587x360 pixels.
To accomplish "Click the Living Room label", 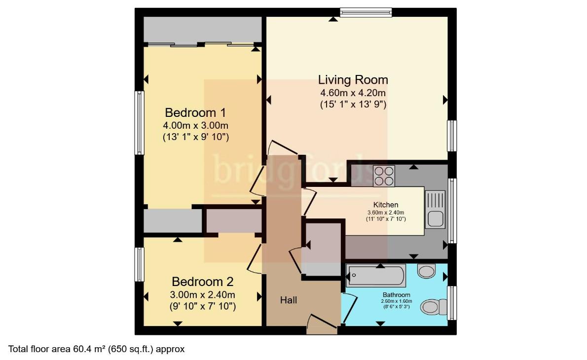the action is pos(353,80).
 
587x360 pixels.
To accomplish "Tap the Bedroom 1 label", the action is pos(195,112).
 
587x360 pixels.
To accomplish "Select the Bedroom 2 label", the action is pos(203,282).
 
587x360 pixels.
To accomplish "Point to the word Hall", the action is pos(289,300).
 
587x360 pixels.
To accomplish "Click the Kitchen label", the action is pos(386,205).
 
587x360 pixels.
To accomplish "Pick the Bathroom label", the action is pos(397,295).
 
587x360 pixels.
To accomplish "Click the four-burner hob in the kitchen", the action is pos(384,176).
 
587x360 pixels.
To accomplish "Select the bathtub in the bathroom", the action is pos(376,276).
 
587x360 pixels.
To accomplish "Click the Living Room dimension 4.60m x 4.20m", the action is pos(353,93).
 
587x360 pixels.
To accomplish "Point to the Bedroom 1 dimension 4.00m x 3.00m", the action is pos(195,125).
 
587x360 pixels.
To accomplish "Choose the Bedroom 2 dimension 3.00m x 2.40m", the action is pos(203,294).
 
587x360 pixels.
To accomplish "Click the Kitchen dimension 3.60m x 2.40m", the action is pos(386,213).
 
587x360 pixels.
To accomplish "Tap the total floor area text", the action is pos(96,349).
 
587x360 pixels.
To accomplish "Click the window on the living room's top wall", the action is pos(366,12).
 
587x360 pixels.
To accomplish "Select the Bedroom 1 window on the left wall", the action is pos(139,123).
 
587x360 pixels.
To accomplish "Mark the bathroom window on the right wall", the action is pos(452,303).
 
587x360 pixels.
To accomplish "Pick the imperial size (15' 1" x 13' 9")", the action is pos(353,104).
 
